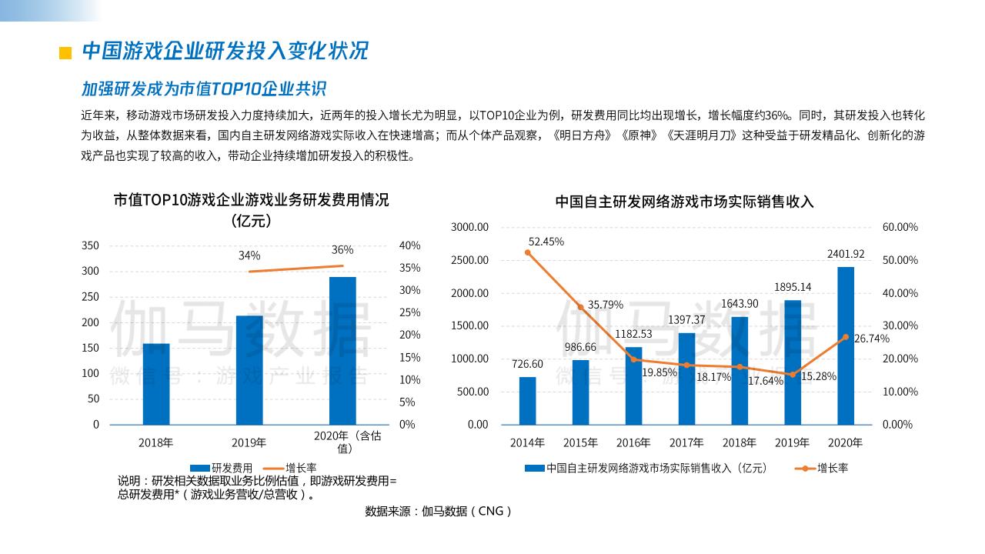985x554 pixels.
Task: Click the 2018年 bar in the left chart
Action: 156,384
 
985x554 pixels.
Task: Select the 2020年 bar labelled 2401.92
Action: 845,345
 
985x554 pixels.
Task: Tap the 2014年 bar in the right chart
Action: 527,400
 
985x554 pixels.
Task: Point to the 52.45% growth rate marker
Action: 528,252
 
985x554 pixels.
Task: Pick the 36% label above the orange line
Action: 342,249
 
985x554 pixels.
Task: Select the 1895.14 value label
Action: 792,287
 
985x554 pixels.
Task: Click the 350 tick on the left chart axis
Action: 91,245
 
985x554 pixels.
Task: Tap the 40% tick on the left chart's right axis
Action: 410,245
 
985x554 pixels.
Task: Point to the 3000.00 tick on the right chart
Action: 469,227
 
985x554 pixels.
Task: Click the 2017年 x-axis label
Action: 686,442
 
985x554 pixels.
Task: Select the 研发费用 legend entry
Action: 222,467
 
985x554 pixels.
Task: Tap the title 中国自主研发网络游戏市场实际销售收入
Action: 684,202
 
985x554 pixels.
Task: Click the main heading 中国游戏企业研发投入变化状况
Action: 225,51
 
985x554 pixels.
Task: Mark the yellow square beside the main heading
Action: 65,52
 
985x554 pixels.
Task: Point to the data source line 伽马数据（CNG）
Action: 438,511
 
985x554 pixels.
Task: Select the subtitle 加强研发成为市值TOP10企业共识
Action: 204,88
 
